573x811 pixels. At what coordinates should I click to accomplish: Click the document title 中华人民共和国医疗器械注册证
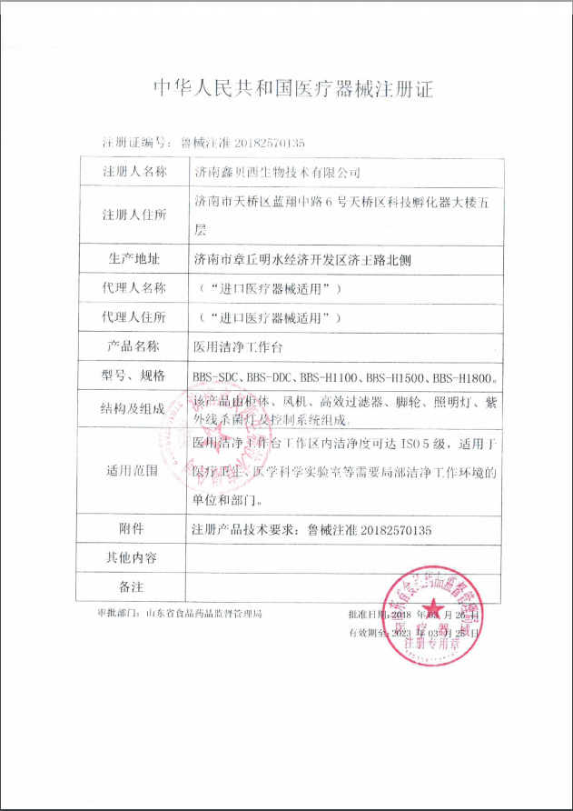tap(292, 88)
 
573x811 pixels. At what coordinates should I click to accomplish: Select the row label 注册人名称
tap(134, 171)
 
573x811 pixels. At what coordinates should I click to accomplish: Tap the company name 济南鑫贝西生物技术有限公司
tap(277, 171)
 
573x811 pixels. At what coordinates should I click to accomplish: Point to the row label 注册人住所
tap(134, 215)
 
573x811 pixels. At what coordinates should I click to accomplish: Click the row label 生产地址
tap(134, 259)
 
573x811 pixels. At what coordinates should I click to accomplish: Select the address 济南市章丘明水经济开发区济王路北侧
tap(302, 259)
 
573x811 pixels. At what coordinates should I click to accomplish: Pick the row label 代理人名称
tap(134, 288)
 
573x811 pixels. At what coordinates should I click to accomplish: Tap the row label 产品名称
tap(134, 346)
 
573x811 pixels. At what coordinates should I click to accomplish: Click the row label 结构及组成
tap(134, 409)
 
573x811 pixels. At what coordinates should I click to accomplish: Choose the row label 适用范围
tap(134, 470)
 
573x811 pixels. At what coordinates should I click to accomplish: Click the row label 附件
tap(134, 528)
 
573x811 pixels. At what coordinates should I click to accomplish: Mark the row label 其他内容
tap(134, 557)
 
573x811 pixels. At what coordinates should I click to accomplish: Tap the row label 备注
tap(134, 586)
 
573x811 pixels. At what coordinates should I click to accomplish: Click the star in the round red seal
tap(433, 609)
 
